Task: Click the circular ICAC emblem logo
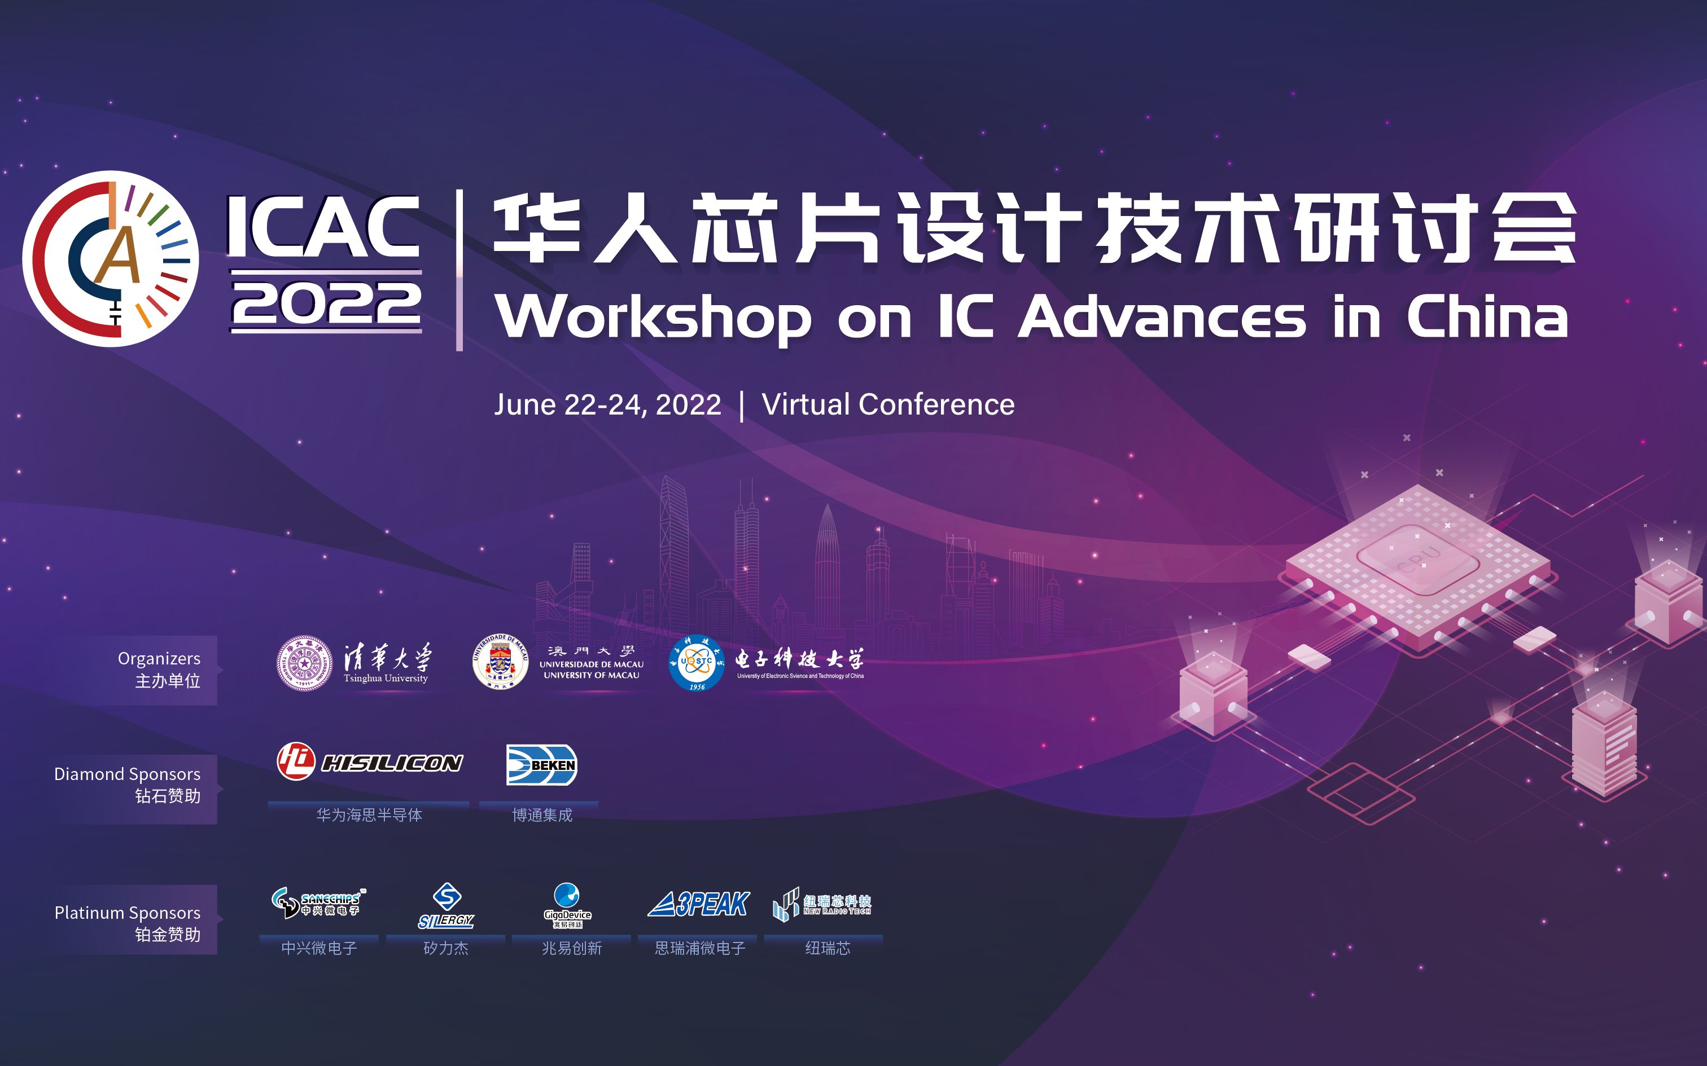(x=111, y=259)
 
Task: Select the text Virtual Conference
(x=888, y=405)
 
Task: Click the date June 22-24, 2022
(x=607, y=405)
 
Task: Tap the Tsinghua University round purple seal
(x=304, y=663)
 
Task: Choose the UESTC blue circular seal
(x=696, y=663)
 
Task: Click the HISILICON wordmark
(x=392, y=763)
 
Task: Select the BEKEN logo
(x=542, y=765)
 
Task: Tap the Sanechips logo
(x=318, y=902)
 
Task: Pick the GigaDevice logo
(x=568, y=905)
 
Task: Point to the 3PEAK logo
(x=698, y=904)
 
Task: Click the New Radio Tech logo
(x=822, y=904)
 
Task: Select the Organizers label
(x=159, y=659)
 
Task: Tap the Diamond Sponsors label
(x=127, y=774)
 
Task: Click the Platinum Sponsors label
(x=127, y=913)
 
